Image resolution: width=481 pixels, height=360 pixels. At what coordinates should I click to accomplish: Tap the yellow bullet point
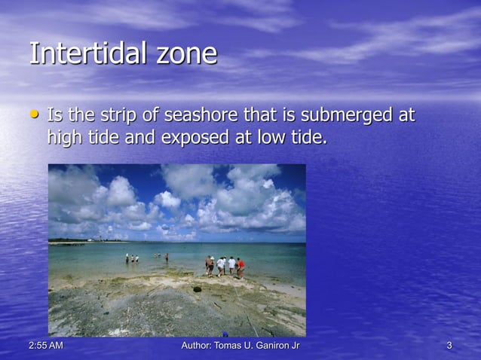coord(33,116)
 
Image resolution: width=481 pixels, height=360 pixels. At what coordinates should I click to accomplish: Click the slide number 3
coord(449,346)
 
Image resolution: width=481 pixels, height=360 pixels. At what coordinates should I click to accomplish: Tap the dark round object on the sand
coord(197,288)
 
